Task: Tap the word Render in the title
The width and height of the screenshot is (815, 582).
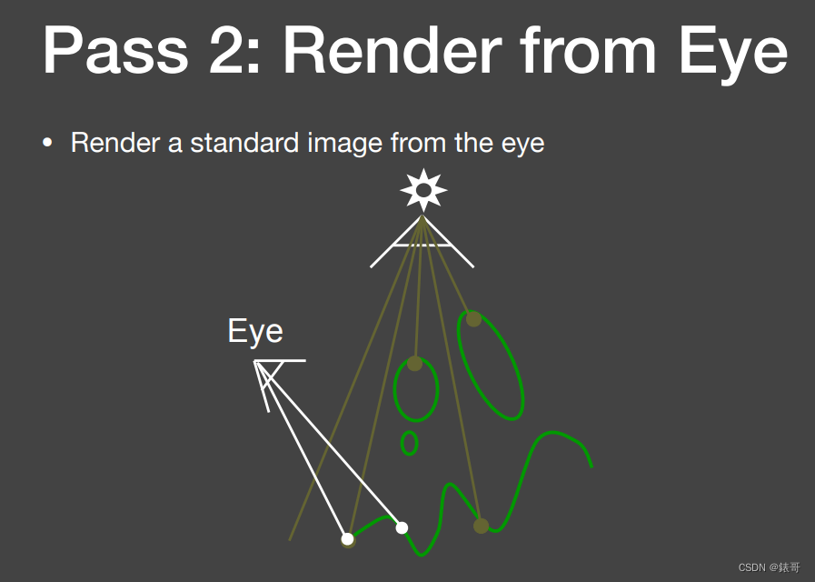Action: tap(393, 52)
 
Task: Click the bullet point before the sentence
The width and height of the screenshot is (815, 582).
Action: tap(48, 144)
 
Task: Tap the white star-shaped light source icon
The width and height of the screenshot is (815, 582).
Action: tap(422, 190)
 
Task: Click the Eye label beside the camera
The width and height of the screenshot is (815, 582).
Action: tap(254, 332)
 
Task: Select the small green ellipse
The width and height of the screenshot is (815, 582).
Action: tap(409, 443)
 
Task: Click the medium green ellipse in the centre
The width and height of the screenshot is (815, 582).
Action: tap(416, 390)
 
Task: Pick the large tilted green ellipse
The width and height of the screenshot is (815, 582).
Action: tap(491, 366)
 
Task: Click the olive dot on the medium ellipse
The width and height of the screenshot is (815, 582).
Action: tap(415, 363)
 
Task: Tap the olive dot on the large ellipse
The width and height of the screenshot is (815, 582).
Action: tap(473, 318)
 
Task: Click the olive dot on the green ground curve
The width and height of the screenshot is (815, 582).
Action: tap(481, 526)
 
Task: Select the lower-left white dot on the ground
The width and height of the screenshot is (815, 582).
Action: tap(347, 539)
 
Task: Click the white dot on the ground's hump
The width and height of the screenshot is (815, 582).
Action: tap(402, 527)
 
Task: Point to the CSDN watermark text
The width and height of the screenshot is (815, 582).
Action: tap(769, 567)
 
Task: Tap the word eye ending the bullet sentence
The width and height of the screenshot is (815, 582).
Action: tap(523, 145)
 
